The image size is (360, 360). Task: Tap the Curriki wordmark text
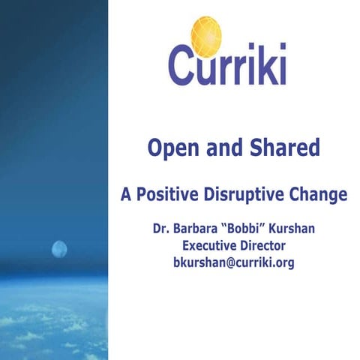coord(226,64)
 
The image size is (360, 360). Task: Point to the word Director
coord(266,245)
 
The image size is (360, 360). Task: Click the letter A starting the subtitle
coord(126,194)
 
